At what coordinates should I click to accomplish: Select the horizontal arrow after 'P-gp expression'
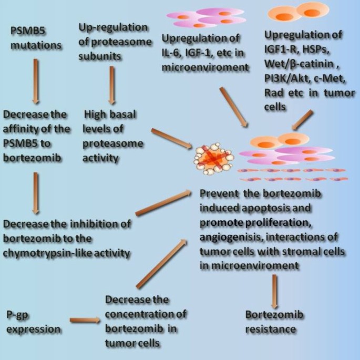pyautogui.click(x=84, y=319)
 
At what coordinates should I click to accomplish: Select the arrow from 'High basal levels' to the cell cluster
pyautogui.click(x=172, y=137)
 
